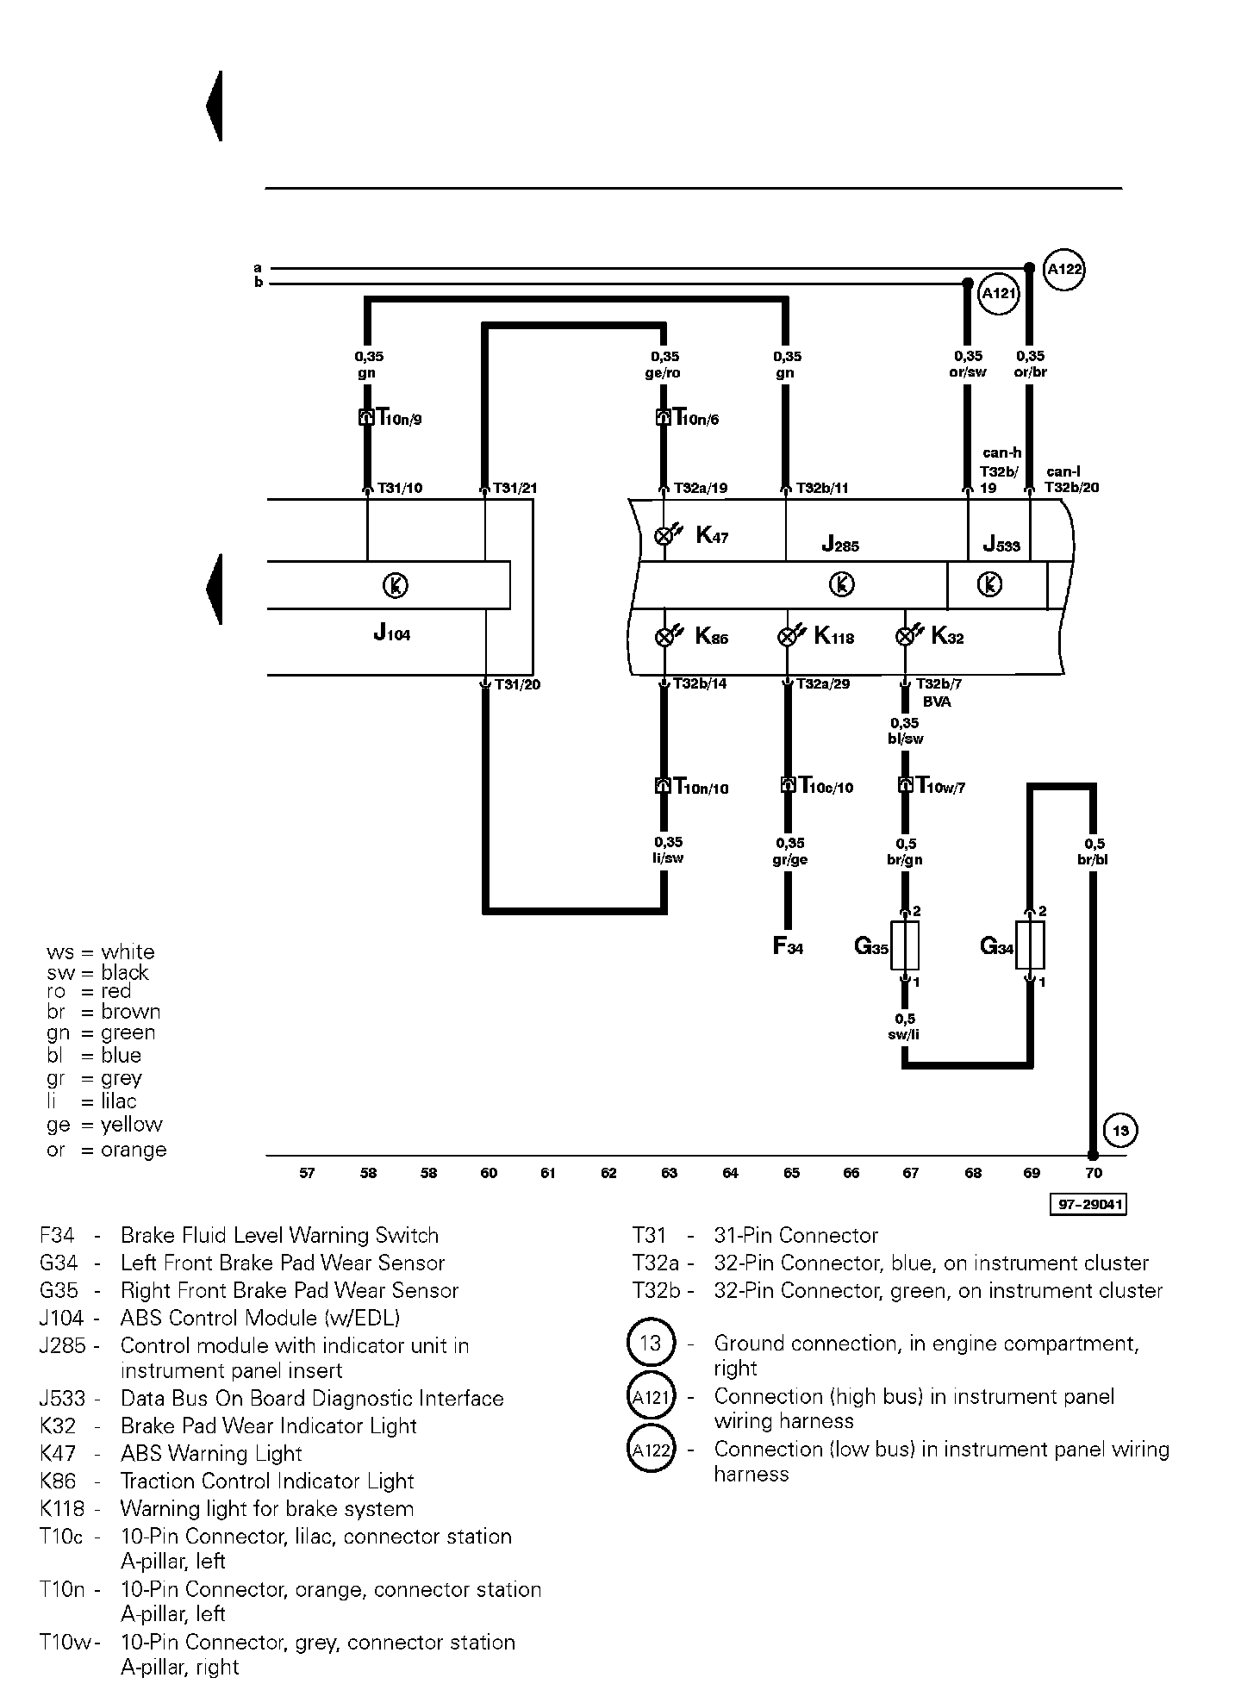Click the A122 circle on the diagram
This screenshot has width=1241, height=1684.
coord(1063,270)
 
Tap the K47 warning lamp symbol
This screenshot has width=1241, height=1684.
coord(664,535)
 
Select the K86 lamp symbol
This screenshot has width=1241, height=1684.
coord(664,637)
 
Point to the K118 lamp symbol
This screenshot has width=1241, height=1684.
coord(787,637)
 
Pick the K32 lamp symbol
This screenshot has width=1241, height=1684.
coord(905,637)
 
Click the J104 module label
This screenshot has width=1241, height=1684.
coord(392,633)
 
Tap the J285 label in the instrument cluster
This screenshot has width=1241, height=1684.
coord(840,544)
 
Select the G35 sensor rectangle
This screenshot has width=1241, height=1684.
coord(905,945)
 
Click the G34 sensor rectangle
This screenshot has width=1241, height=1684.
coord(1031,945)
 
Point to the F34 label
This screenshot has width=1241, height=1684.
coord(788,946)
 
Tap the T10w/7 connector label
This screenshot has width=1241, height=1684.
coord(940,786)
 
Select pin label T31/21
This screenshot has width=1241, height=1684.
coord(514,488)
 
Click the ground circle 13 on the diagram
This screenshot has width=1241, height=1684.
coord(1119,1130)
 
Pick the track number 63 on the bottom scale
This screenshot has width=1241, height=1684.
coord(670,1173)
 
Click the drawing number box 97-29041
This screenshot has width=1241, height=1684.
coord(1088,1204)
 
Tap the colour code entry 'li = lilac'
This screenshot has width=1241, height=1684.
coord(92,1101)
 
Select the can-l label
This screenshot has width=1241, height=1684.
coord(1063,471)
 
